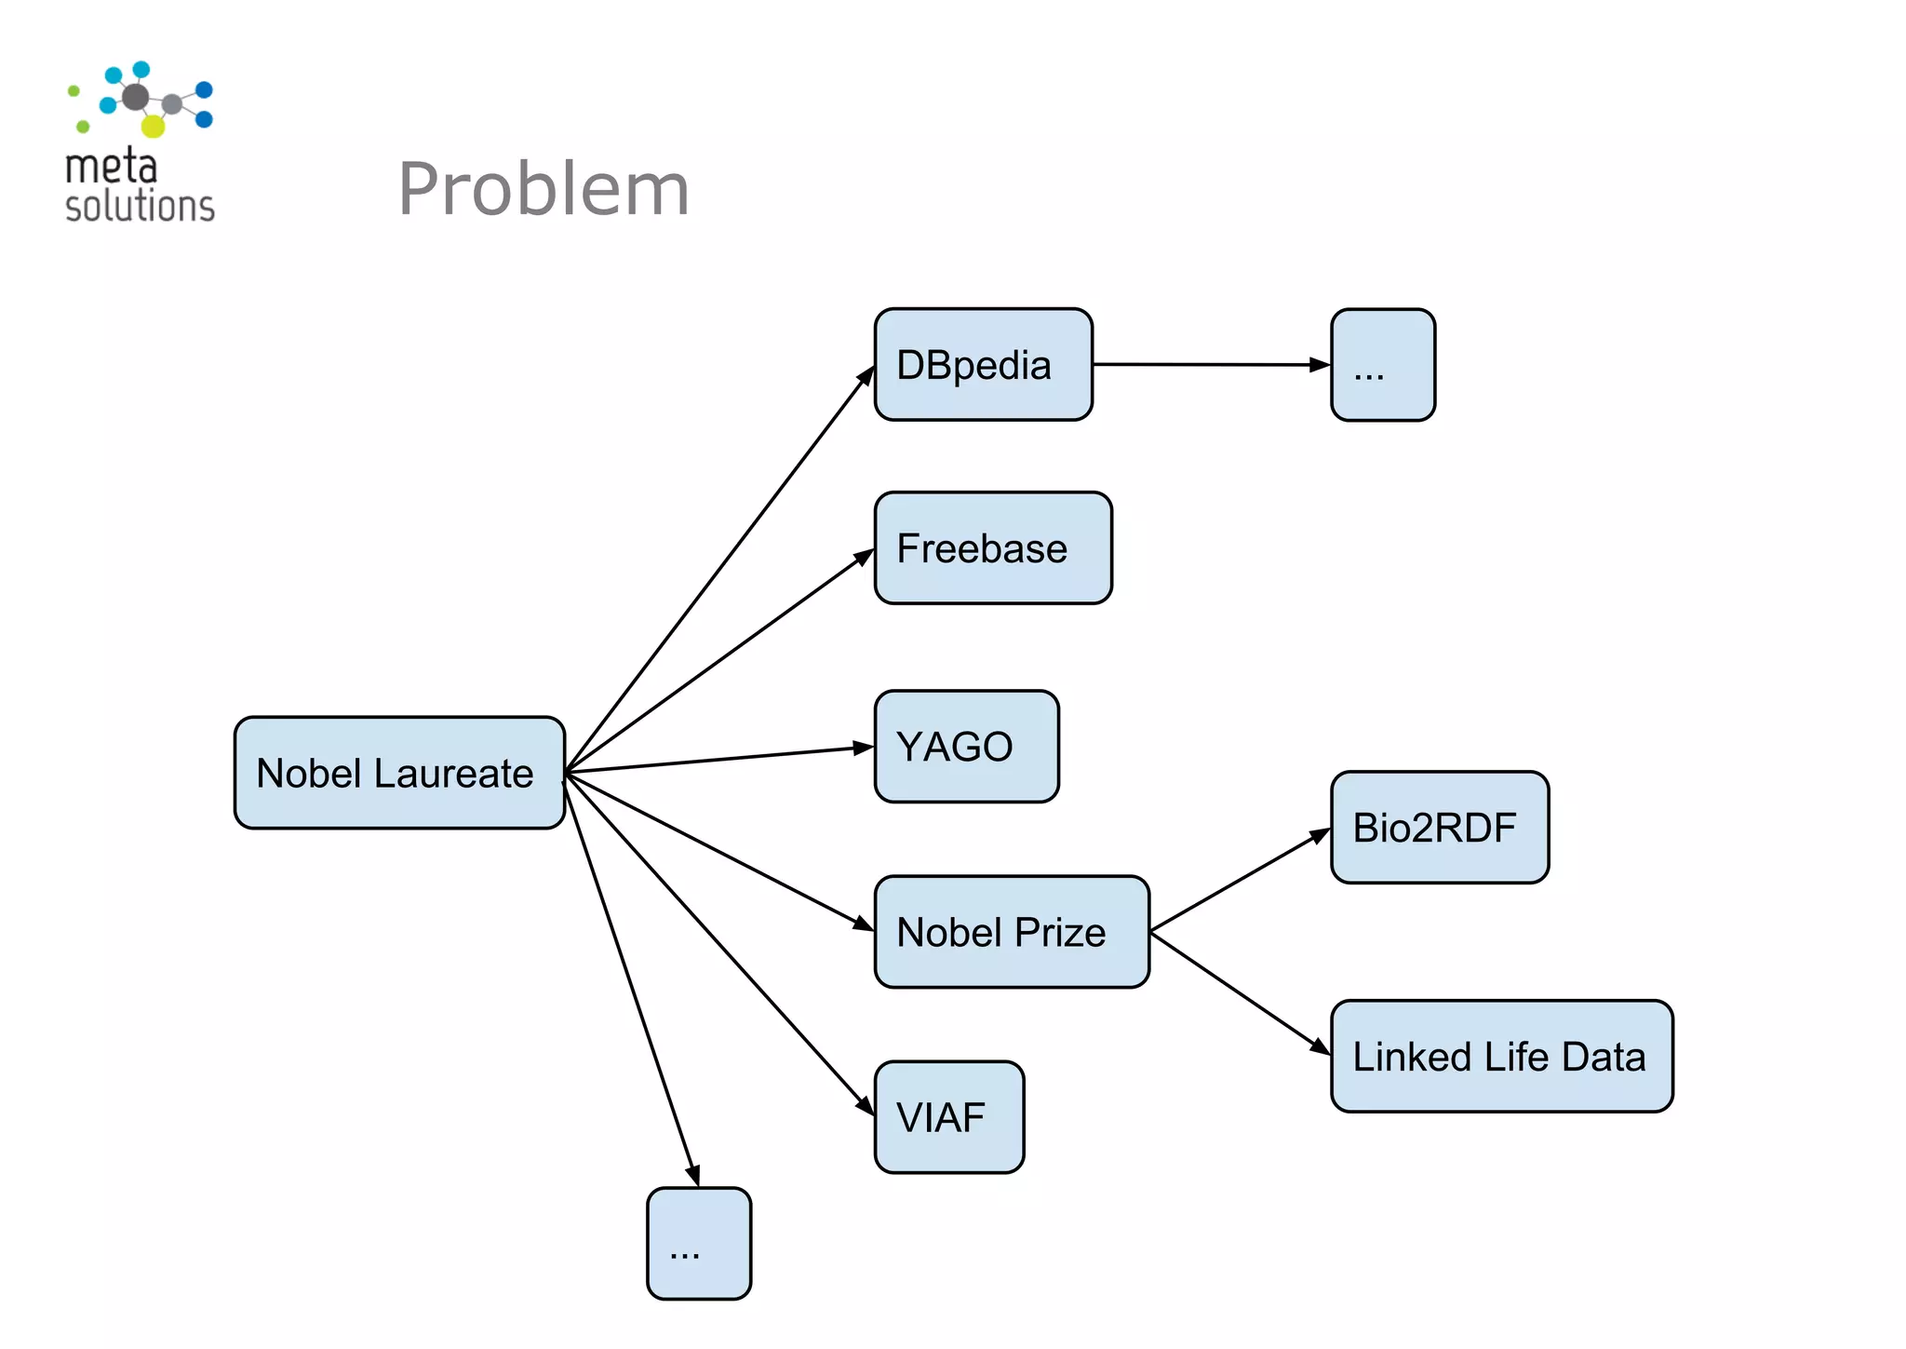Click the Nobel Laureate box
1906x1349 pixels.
399,773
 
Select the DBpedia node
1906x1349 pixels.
983,365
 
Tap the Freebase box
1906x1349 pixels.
993,548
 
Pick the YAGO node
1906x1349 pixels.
966,747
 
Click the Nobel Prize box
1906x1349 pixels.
1012,932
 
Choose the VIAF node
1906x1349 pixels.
948,1117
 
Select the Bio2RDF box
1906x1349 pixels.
1440,828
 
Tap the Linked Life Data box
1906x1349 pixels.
1501,1057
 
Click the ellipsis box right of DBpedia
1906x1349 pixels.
1383,365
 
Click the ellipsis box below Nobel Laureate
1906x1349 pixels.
699,1244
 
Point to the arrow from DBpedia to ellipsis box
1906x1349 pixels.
1210,365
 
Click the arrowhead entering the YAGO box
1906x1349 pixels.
865,748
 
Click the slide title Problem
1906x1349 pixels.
544,189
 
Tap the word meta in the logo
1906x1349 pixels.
111,168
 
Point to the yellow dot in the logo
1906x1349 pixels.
153,126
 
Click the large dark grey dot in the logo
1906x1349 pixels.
136,96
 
